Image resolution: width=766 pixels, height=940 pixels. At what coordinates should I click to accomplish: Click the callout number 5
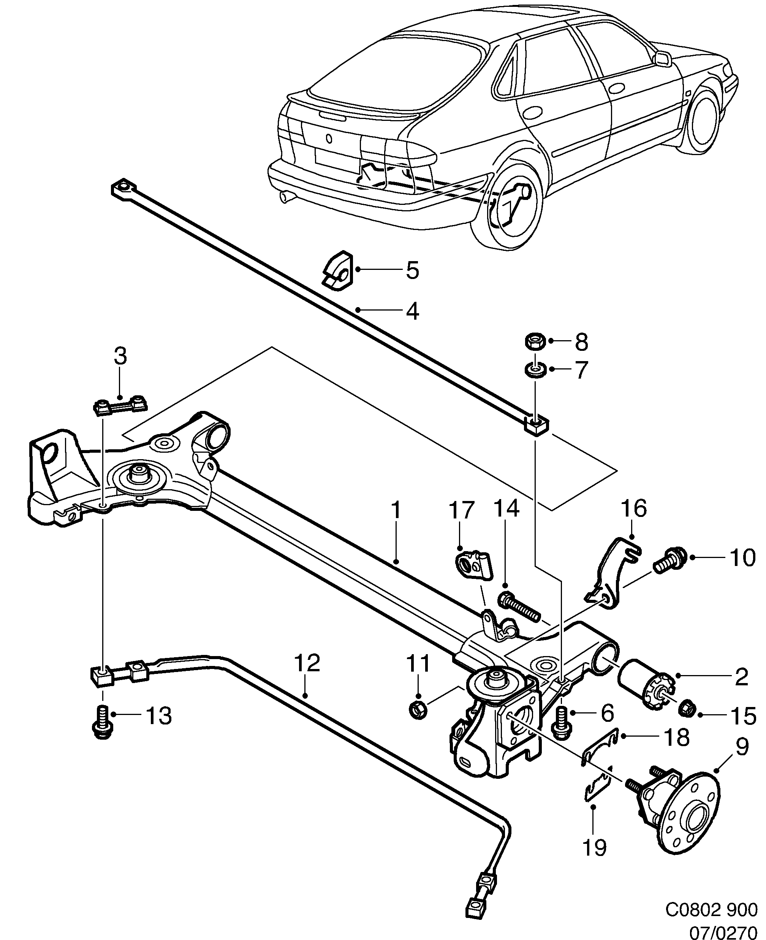point(412,270)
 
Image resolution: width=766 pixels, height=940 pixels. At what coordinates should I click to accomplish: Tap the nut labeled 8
point(535,342)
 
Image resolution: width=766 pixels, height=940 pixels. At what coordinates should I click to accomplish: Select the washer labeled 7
point(534,369)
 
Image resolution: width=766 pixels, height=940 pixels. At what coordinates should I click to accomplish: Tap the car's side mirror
point(662,59)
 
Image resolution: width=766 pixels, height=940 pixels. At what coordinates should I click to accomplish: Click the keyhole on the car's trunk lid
point(329,139)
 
